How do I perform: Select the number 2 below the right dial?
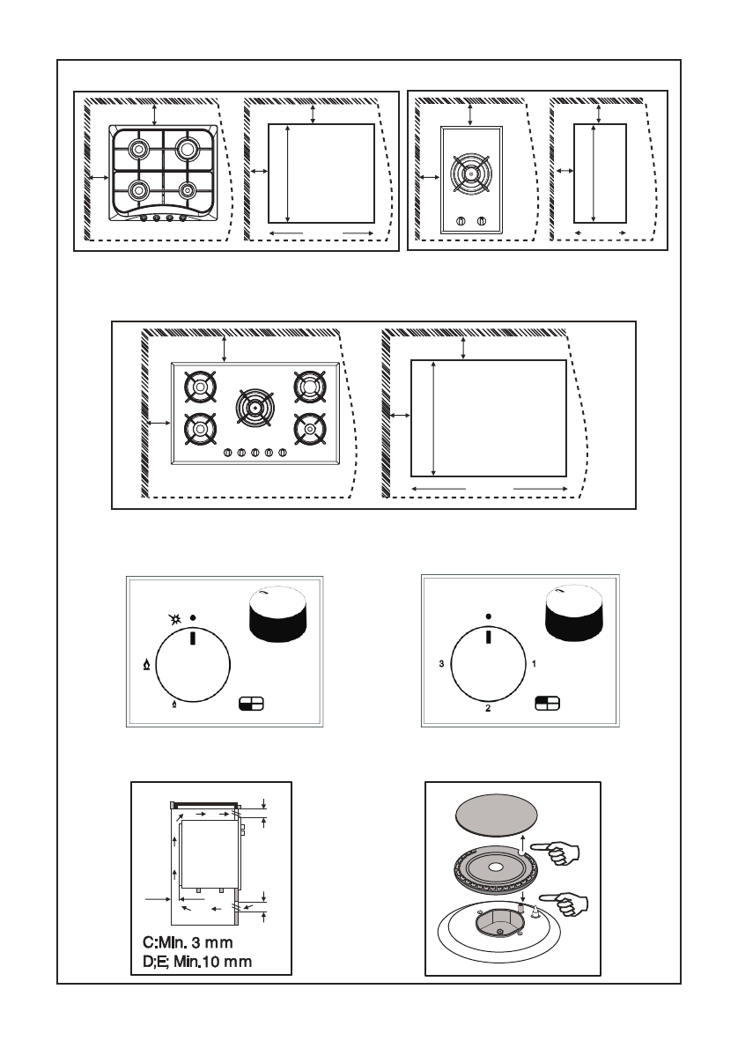[x=487, y=708]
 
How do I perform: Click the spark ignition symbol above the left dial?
[x=176, y=621]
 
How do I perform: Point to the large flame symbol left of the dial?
[x=145, y=667]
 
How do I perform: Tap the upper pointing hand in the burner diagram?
[x=561, y=851]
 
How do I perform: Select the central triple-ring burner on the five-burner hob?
[x=255, y=409]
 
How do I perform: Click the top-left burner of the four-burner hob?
[x=137, y=148]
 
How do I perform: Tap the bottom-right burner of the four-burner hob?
[x=186, y=188]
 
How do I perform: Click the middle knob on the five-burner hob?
[x=255, y=453]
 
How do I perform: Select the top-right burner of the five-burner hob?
[x=308, y=386]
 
